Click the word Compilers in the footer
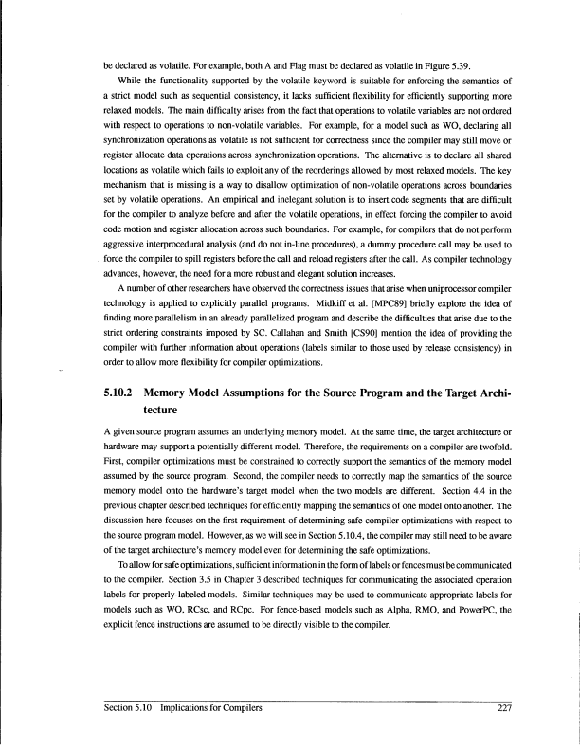(x=240, y=708)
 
